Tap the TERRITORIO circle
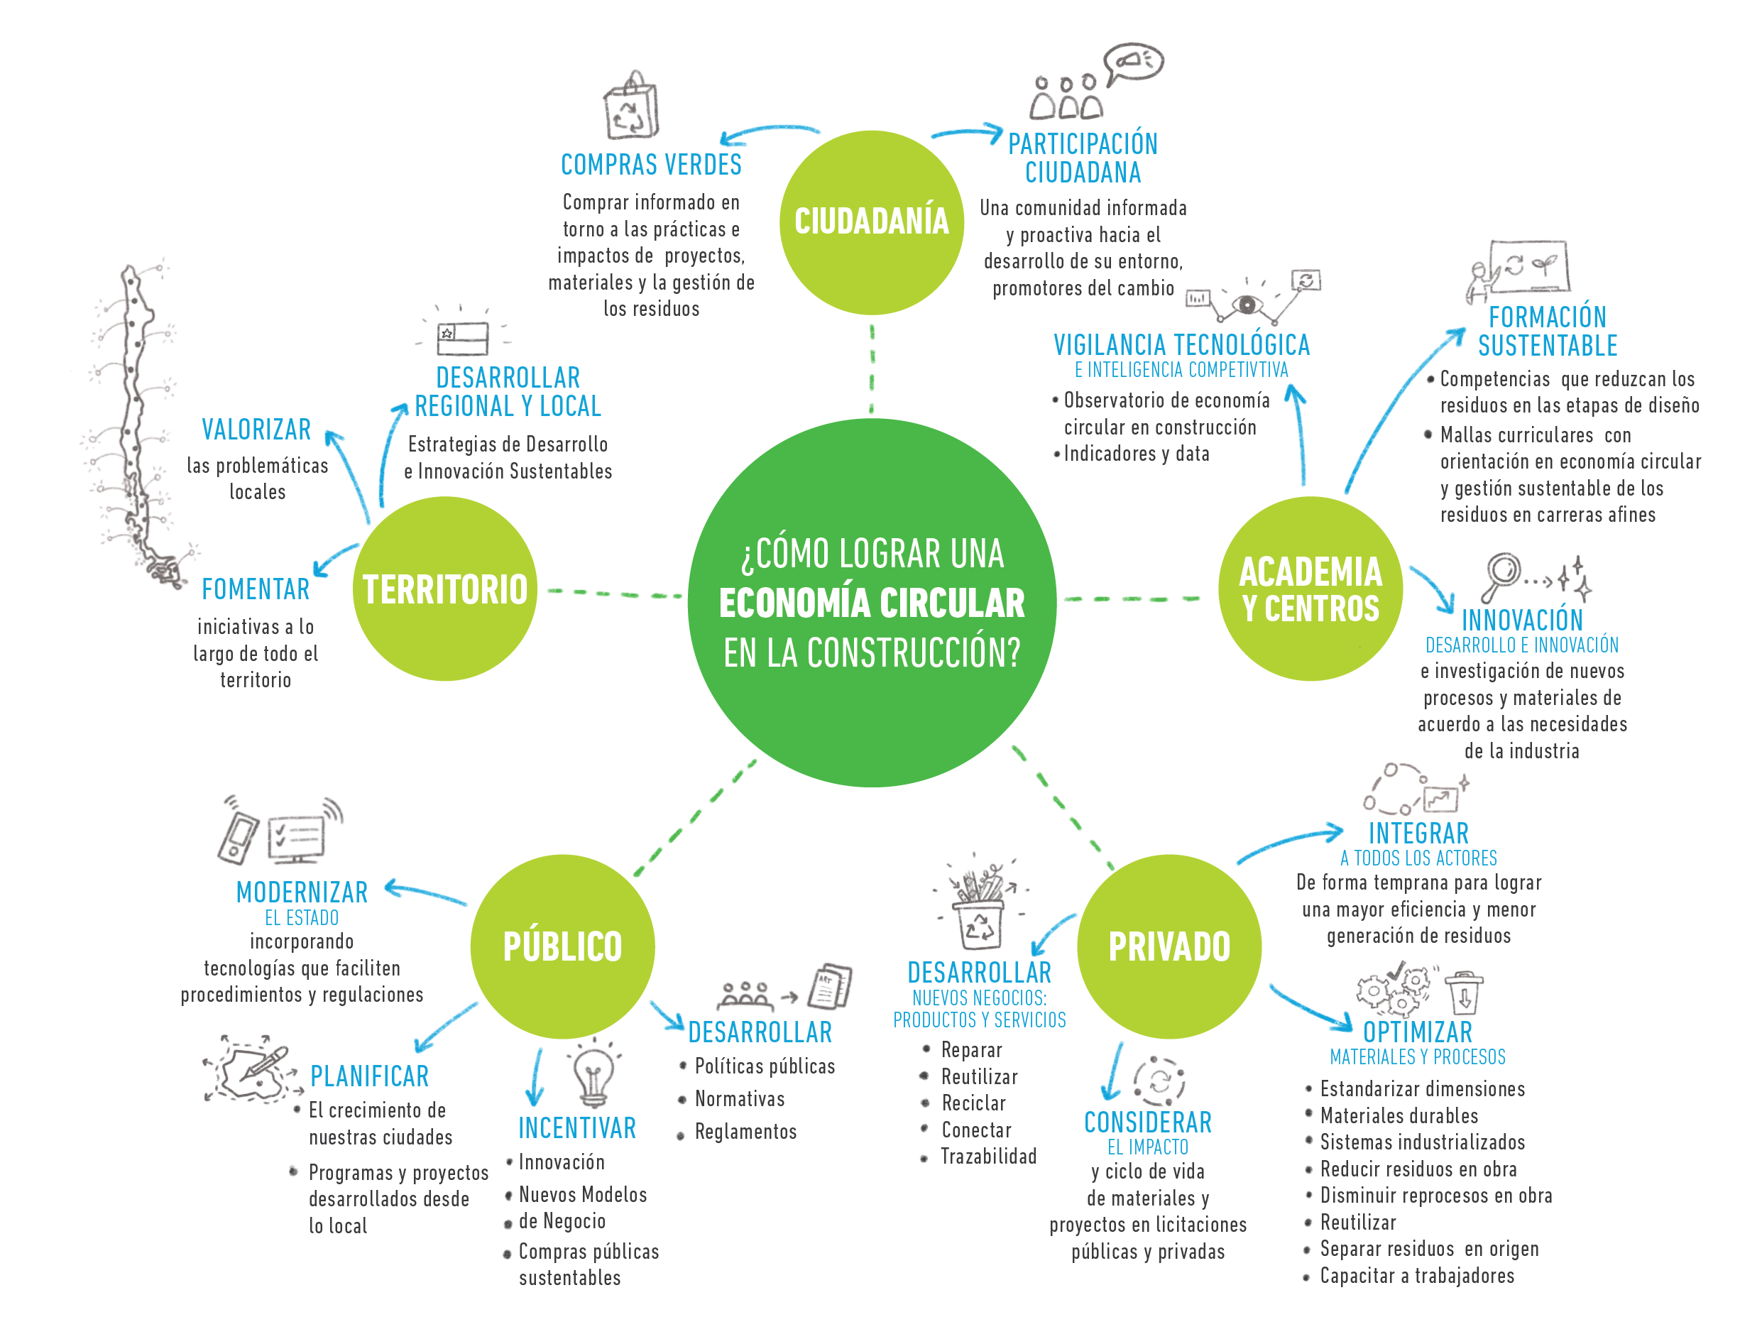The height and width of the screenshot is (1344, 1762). [x=444, y=589]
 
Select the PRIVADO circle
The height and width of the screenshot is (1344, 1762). [x=1169, y=946]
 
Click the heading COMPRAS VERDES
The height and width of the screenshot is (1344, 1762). [x=651, y=165]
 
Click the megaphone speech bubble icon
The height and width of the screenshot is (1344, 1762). [x=1132, y=62]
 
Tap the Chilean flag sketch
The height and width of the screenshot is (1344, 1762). [x=462, y=339]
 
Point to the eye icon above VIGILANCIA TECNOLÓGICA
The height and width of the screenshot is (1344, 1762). [x=1246, y=304]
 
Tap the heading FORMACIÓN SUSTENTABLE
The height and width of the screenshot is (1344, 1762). [x=1547, y=331]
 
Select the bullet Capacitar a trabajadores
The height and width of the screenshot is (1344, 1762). [x=1416, y=1275]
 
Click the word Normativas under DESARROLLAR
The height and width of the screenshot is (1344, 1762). [x=739, y=1098]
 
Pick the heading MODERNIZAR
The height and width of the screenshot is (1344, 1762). [x=302, y=892]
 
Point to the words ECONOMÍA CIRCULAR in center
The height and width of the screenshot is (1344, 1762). [x=871, y=603]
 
